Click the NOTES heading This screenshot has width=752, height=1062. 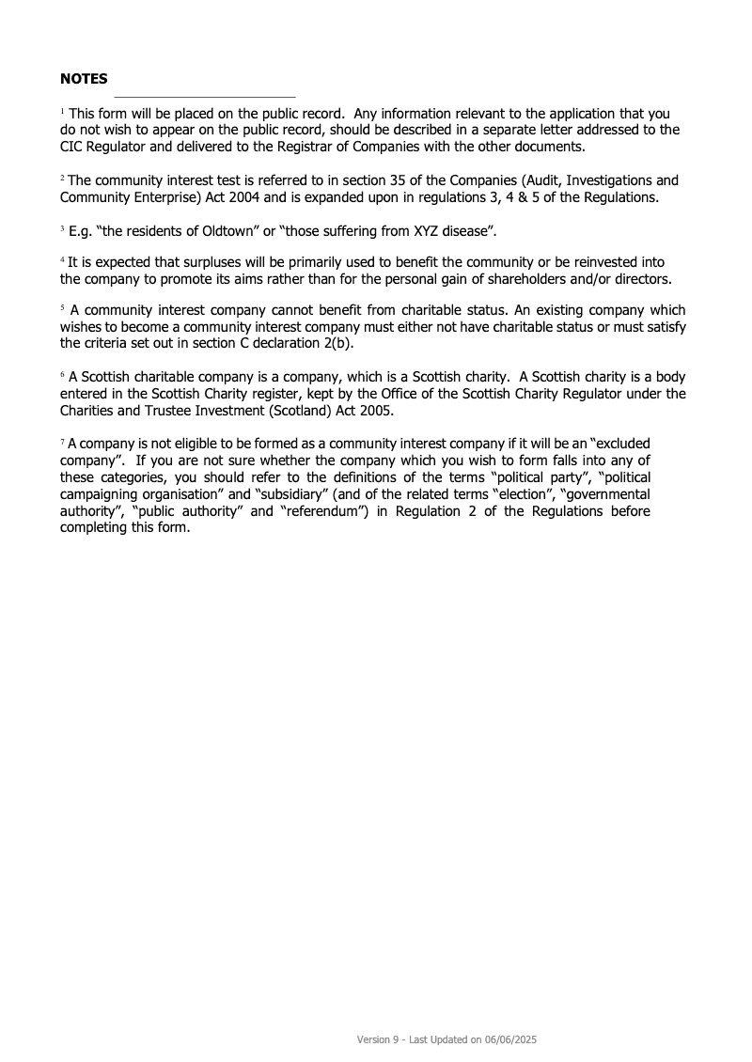pyautogui.click(x=84, y=79)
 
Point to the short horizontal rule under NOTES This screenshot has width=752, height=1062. pyautogui.click(x=205, y=97)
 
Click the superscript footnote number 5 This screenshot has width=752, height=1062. pyautogui.click(x=63, y=307)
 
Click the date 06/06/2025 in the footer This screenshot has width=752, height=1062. pyautogui.click(x=509, y=1040)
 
